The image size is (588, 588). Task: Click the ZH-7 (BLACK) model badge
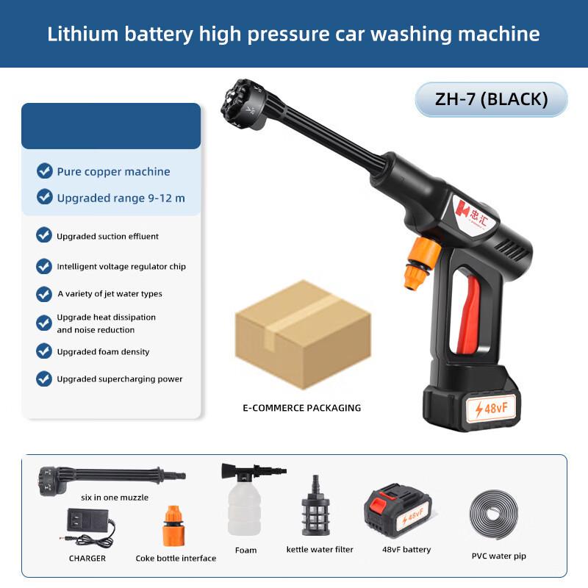click(491, 99)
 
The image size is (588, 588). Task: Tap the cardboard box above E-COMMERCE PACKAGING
click(290, 334)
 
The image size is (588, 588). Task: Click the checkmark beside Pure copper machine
click(44, 171)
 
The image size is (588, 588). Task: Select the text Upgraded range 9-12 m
click(121, 198)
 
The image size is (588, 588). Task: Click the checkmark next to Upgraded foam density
click(44, 351)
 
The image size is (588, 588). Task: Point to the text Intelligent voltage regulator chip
click(121, 266)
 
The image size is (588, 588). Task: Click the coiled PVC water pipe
click(498, 515)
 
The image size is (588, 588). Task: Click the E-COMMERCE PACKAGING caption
click(301, 408)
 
